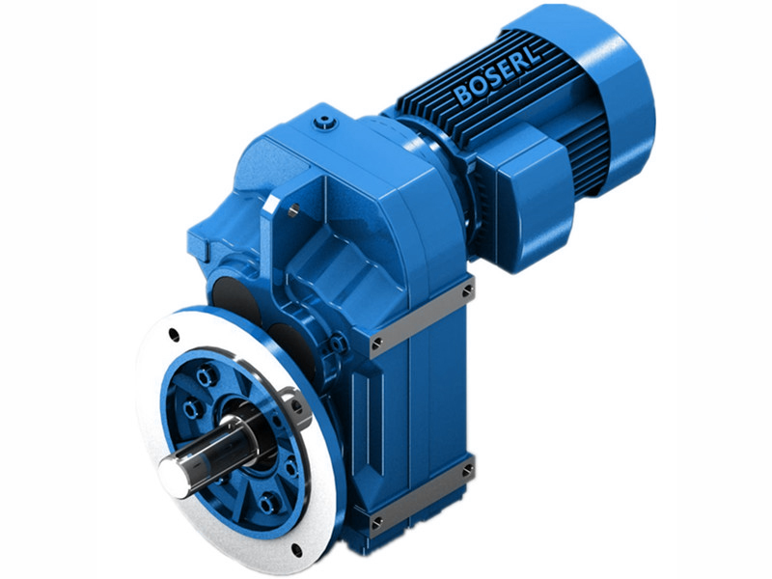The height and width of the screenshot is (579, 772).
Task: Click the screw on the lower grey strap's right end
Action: click(x=468, y=470)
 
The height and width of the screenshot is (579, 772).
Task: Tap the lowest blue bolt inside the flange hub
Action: click(x=267, y=502)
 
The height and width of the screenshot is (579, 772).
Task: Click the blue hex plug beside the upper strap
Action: click(x=339, y=343)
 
